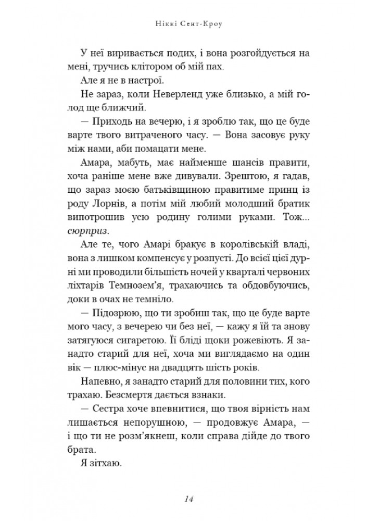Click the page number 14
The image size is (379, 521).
[189, 500]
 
